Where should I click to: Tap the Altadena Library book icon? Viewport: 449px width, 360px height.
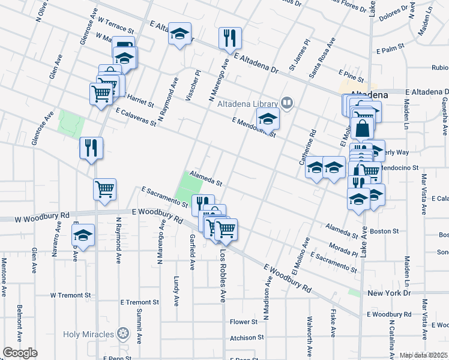click(x=288, y=104)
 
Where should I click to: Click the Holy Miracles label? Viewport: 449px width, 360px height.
click(x=90, y=333)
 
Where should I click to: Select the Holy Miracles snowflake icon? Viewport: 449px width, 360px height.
click(x=123, y=333)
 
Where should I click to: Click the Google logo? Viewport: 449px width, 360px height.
click(x=20, y=353)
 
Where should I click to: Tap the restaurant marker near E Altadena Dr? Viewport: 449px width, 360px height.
click(x=230, y=38)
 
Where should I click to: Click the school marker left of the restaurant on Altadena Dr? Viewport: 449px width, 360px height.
click(x=179, y=35)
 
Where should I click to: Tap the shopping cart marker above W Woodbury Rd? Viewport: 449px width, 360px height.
click(x=104, y=189)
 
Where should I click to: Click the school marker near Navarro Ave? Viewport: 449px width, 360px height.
click(x=83, y=235)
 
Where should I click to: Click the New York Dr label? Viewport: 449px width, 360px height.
click(x=388, y=293)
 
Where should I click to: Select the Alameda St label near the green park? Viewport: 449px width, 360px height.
click(x=206, y=178)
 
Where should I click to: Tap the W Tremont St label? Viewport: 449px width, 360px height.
click(x=70, y=295)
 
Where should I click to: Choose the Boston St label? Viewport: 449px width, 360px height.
click(x=384, y=231)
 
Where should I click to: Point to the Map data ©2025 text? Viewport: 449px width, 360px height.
click(x=424, y=355)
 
